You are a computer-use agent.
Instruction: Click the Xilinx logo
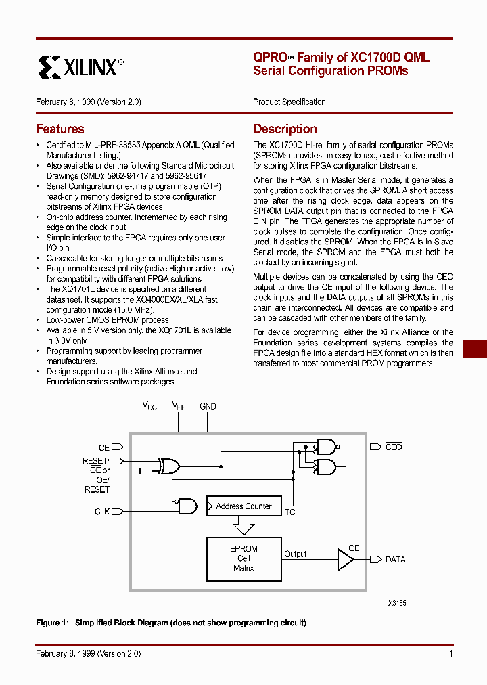(x=80, y=67)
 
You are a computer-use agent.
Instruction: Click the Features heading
(x=60, y=129)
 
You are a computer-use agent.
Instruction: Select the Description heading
(x=285, y=129)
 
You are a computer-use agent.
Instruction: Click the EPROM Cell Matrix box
(x=243, y=558)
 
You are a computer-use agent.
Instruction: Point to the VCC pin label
(x=149, y=406)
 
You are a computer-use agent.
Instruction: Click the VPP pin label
(x=179, y=406)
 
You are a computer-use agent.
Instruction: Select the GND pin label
(x=208, y=406)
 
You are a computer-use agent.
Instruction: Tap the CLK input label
(x=102, y=512)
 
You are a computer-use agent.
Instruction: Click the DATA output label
(x=396, y=560)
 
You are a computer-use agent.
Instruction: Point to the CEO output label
(x=394, y=447)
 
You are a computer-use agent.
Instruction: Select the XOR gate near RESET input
(x=168, y=466)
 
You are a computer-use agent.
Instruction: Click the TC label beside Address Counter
(x=289, y=512)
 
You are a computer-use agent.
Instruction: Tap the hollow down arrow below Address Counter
(x=243, y=525)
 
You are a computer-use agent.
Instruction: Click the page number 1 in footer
(x=450, y=653)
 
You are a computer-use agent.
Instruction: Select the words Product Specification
(x=289, y=102)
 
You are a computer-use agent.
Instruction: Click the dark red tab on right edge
(x=475, y=349)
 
